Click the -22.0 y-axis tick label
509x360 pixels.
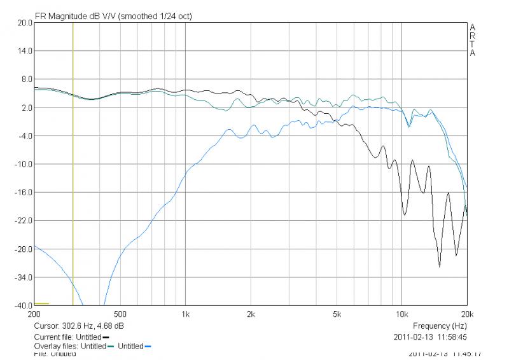click(24, 221)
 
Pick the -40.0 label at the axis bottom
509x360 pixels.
click(24, 305)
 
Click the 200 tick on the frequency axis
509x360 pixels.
click(34, 314)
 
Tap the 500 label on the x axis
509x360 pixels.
click(120, 314)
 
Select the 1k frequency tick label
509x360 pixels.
click(186, 314)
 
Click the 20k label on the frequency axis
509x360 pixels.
click(467, 314)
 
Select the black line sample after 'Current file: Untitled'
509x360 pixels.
click(106, 337)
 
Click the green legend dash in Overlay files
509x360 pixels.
click(111, 347)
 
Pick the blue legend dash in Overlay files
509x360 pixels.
click(148, 347)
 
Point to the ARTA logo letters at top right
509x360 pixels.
click(472, 40)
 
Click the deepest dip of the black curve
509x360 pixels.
click(439, 267)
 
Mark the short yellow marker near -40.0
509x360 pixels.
click(41, 304)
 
